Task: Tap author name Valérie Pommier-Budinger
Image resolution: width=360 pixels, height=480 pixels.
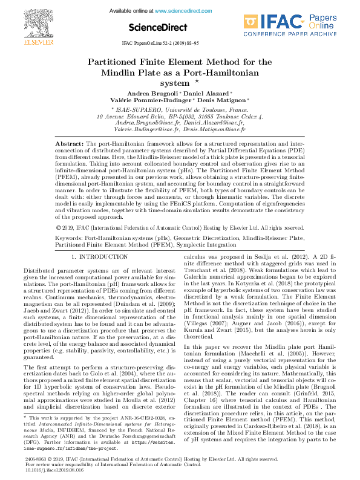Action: [x=157, y=100]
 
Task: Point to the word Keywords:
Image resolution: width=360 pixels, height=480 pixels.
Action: [x=70, y=239]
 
